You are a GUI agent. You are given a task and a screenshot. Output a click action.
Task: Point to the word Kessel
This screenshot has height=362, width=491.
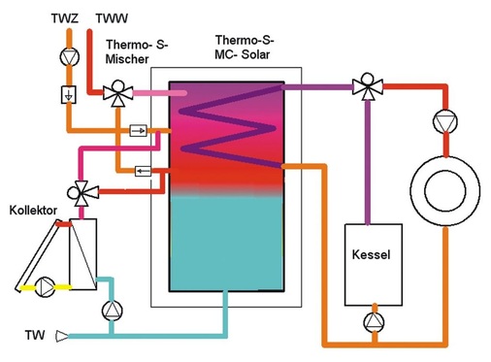coord(372,254)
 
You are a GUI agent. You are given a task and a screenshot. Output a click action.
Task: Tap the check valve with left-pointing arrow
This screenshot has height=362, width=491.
coord(143,171)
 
